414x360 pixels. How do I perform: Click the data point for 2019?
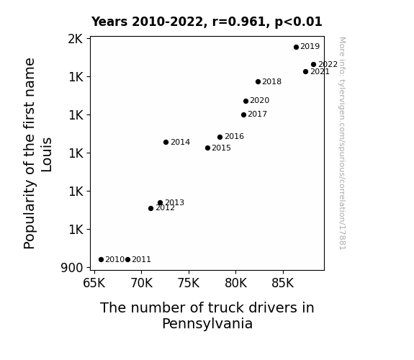point(296,47)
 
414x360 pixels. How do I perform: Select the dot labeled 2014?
point(166,142)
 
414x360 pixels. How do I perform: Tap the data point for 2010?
point(101,260)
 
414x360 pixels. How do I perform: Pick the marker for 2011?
point(127,260)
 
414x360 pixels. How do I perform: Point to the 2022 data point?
point(313,65)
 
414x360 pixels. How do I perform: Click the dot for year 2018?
point(258,82)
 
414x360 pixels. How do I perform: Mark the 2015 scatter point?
point(207,148)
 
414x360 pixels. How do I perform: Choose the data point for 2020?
point(246,101)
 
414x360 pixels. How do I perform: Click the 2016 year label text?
point(234,136)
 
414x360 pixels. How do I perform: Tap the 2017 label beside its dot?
point(258,114)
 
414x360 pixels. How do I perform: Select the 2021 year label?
point(320,71)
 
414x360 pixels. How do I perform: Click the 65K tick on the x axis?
point(94,283)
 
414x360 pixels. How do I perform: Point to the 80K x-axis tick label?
point(235,283)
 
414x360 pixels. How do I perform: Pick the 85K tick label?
point(283,283)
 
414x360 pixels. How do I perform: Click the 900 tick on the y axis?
point(72,268)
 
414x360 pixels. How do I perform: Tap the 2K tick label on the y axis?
point(76,39)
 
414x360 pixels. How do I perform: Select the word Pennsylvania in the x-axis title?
point(207,323)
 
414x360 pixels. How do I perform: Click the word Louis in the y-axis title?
point(47,155)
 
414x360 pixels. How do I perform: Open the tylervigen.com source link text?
point(342,143)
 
